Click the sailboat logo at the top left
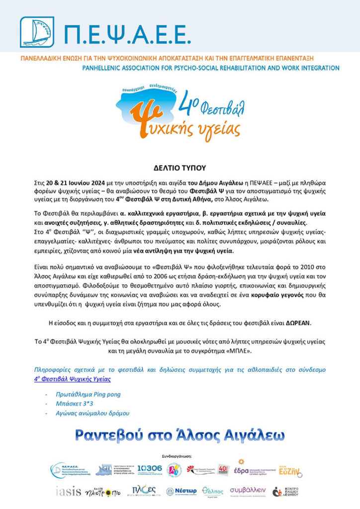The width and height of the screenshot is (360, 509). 36,32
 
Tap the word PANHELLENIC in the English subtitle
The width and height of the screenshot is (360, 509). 106,68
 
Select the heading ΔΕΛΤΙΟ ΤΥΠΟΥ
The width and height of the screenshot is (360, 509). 180,168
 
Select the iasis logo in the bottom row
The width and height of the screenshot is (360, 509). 68,492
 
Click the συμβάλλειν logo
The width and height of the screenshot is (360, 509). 248,491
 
